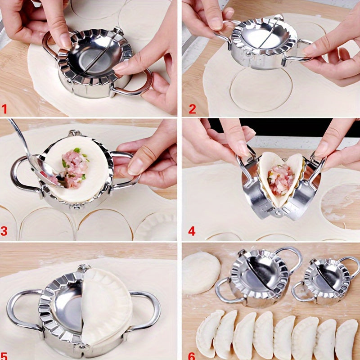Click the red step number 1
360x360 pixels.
coord(5,109)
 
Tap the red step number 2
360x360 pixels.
coord(192,109)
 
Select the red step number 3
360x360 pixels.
coord(5,231)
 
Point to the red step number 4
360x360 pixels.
coord(192,231)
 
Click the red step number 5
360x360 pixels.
coord(5,355)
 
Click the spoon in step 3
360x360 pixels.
coord(31,157)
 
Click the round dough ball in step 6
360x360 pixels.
coord(201,273)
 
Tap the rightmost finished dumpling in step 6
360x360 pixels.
coord(346,338)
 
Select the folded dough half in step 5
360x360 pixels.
coord(107,306)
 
